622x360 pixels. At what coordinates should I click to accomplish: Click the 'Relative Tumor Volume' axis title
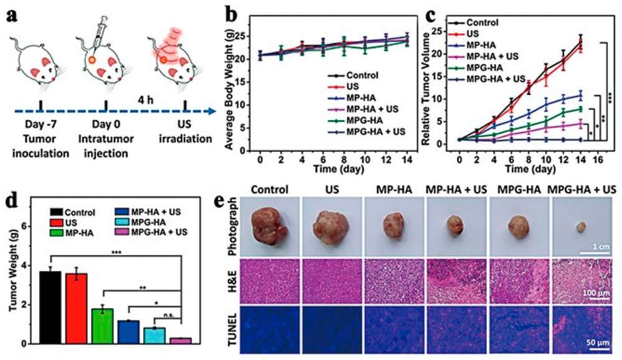[x=426, y=84]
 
